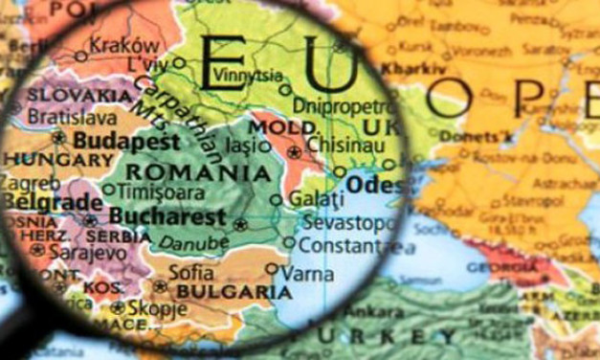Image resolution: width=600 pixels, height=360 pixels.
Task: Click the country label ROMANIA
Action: click(198, 173)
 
